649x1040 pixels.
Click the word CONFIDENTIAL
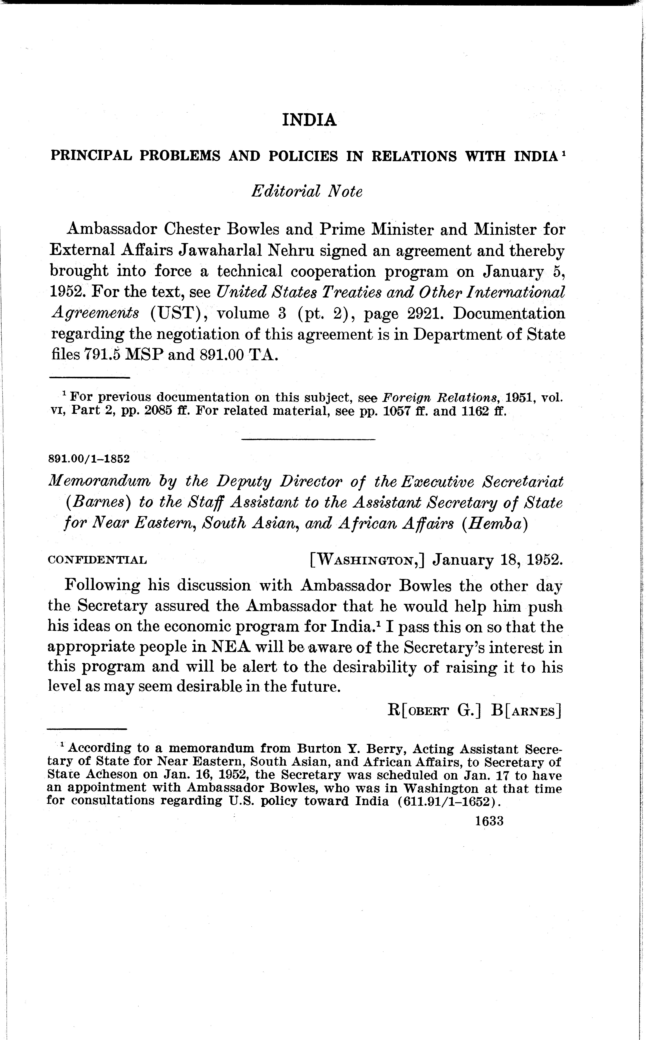[x=97, y=560]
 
